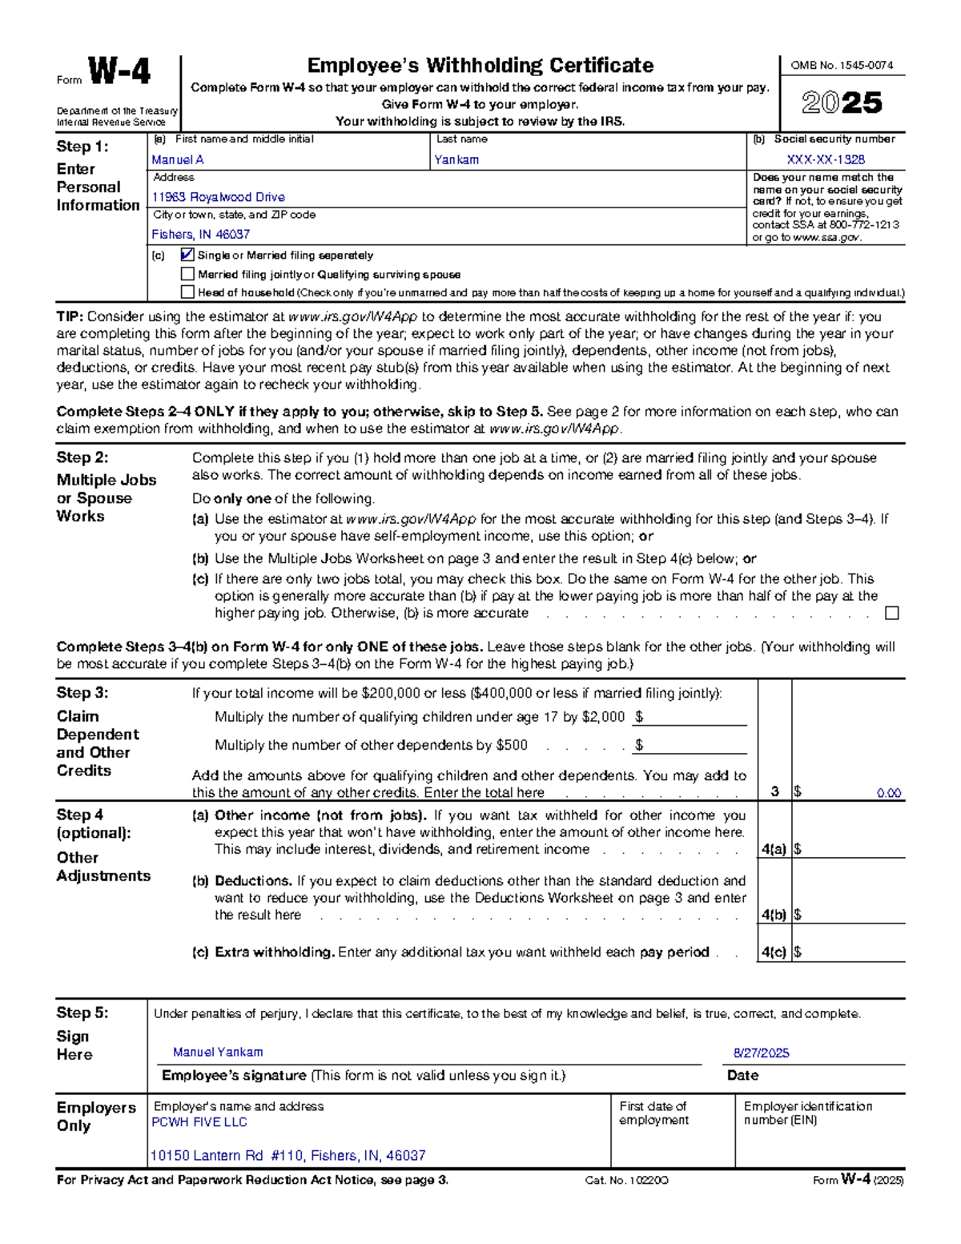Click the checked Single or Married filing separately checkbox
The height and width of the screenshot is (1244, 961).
pyautogui.click(x=187, y=255)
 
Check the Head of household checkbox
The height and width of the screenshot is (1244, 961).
pyautogui.click(x=187, y=292)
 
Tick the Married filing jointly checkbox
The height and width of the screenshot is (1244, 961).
pyautogui.click(x=187, y=274)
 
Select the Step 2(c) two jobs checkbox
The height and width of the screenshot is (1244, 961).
pyautogui.click(x=891, y=614)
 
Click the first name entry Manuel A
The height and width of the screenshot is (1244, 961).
pyautogui.click(x=178, y=159)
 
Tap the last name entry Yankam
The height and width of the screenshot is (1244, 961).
pyautogui.click(x=456, y=159)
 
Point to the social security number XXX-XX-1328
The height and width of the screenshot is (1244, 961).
pyautogui.click(x=826, y=159)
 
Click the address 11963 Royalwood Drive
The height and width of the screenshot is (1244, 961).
pyautogui.click(x=218, y=197)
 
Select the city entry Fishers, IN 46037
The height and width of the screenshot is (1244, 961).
pyautogui.click(x=201, y=235)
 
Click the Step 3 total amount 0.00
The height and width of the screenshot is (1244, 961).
pyautogui.click(x=888, y=793)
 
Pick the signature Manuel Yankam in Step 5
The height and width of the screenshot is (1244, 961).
pyautogui.click(x=218, y=1052)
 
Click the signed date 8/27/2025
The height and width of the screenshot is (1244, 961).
pyautogui.click(x=761, y=1053)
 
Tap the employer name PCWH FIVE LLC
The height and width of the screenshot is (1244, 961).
pyautogui.click(x=199, y=1122)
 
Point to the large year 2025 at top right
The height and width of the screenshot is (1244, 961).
pyautogui.click(x=842, y=103)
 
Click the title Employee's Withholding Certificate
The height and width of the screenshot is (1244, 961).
pyautogui.click(x=480, y=66)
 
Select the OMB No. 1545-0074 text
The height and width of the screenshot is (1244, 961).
pyautogui.click(x=842, y=66)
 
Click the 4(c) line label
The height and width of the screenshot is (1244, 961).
pyautogui.click(x=773, y=952)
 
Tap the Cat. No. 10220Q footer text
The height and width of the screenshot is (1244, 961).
pyautogui.click(x=626, y=1181)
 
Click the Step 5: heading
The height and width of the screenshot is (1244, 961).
pyautogui.click(x=82, y=1013)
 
